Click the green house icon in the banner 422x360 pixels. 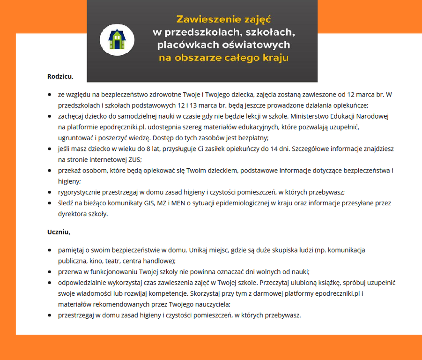click(x=114, y=39)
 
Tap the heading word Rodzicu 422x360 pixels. click(x=60, y=75)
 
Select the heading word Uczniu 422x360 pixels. click(x=59, y=232)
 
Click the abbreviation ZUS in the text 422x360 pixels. click(x=134, y=159)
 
